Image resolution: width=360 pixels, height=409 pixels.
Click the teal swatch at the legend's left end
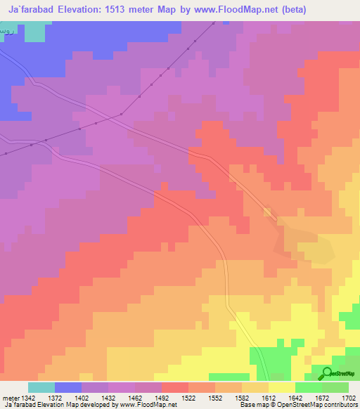(41, 387)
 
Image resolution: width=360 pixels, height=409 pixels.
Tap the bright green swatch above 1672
(308, 387)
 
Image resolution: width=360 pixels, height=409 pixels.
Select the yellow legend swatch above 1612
(281, 387)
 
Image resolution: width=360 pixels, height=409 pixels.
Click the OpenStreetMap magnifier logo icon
(328, 373)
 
